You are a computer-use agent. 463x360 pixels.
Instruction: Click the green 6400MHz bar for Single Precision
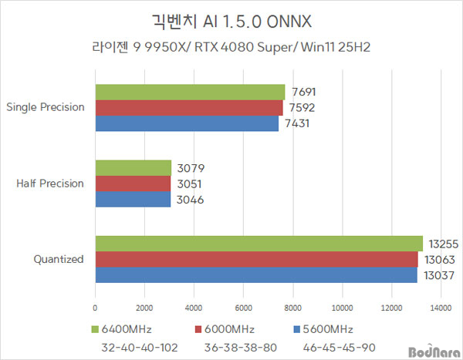[x=190, y=91]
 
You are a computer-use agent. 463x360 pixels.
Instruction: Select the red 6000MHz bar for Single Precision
[x=189, y=107]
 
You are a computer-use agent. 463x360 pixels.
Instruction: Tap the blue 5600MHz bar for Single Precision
[x=187, y=123]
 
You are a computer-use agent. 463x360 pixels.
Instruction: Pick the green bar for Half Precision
[x=133, y=167]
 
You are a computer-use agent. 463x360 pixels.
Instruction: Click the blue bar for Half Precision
[x=133, y=199]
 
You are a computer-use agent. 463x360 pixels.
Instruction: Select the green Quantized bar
[x=259, y=243]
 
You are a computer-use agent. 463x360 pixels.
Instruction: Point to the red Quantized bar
[x=256, y=259]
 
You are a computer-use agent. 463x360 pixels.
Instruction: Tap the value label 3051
[x=190, y=183]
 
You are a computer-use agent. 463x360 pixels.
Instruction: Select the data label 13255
[x=443, y=243]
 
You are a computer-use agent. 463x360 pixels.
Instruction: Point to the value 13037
[x=438, y=275]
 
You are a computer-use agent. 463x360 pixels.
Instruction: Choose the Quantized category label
[x=59, y=259]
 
